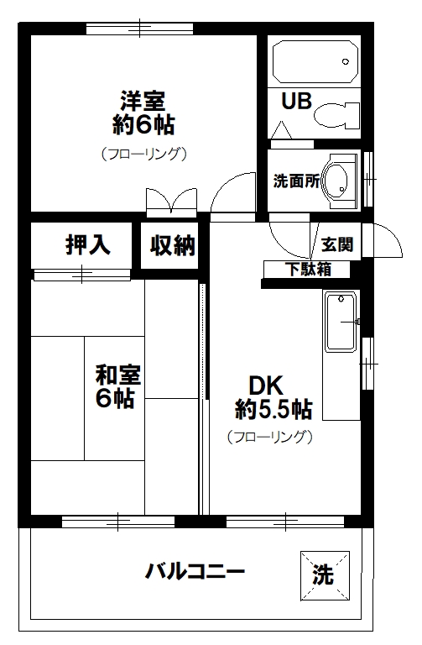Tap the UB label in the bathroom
tap(295, 102)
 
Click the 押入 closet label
tap(87, 245)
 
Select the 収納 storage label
tap(172, 245)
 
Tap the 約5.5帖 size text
tap(274, 410)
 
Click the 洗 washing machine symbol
tap(323, 574)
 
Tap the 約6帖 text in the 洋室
tap(143, 126)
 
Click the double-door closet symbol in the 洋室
tap(172, 202)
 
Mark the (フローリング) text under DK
tap(269, 437)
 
